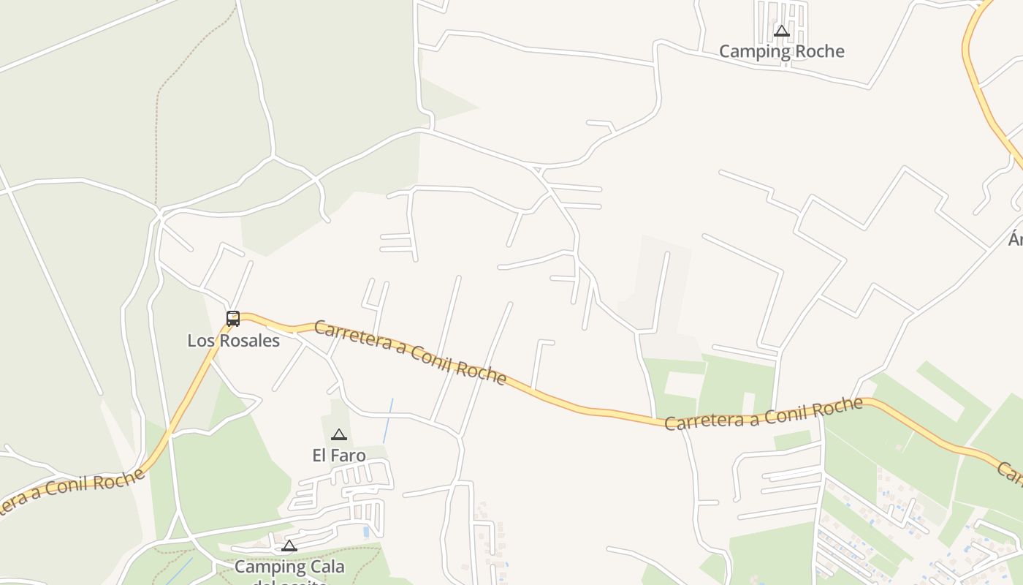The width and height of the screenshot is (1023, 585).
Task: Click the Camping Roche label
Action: click(781, 51)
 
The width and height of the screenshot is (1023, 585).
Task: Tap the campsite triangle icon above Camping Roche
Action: click(782, 31)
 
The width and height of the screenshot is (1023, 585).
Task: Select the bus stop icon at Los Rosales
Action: click(233, 318)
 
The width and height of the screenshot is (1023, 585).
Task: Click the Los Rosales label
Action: click(233, 341)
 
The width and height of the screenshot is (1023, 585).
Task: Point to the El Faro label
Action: click(338, 456)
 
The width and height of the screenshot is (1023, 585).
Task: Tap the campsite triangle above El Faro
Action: click(338, 435)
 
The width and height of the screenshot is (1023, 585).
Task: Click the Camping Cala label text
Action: click(289, 567)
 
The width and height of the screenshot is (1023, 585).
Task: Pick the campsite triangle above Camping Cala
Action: click(289, 546)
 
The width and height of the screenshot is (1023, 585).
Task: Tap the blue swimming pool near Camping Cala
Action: click(366, 532)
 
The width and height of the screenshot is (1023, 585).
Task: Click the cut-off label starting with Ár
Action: click(1016, 239)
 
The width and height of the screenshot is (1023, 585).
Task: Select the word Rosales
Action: click(252, 341)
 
